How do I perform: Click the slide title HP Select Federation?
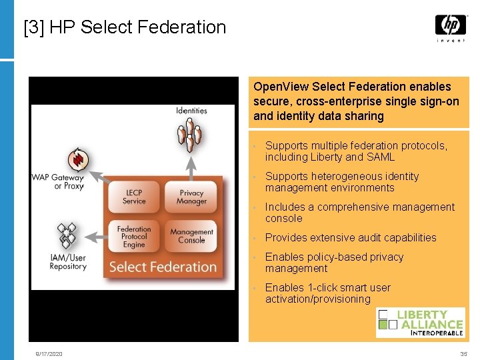point(125,27)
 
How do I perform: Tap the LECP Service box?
point(134,197)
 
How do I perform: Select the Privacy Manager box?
point(191,197)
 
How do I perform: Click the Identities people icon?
point(191,134)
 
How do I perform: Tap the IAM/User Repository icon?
point(67,235)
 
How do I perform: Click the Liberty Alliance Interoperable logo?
point(420,322)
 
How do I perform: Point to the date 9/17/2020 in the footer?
point(49,354)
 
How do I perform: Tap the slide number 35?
point(463,354)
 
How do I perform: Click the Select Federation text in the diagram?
point(163,267)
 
